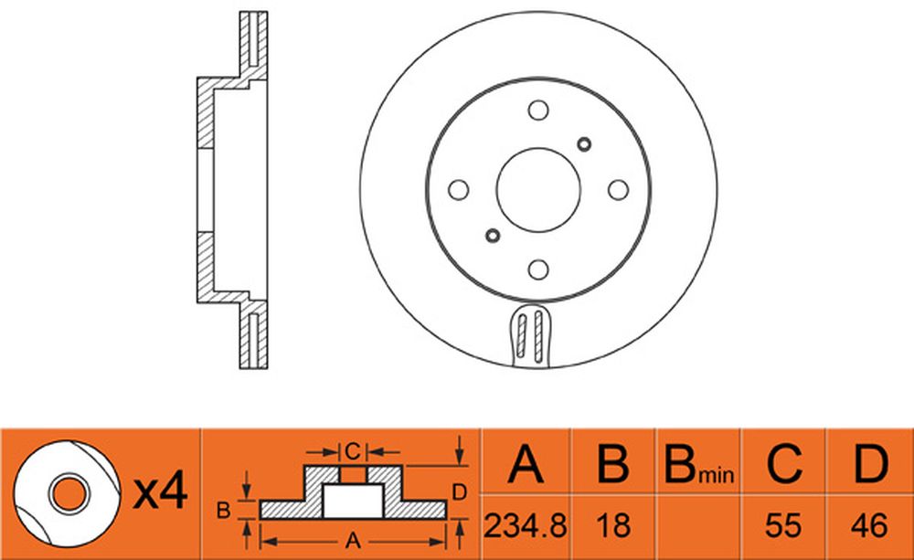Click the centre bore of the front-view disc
point(538,190)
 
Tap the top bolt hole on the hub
point(538,111)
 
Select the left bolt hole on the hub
point(458,190)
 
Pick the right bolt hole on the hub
point(618,190)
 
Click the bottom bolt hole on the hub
point(538,269)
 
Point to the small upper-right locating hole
point(583,144)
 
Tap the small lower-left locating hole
point(493,236)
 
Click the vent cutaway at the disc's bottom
point(530,336)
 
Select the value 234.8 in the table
point(526,526)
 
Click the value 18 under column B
point(613,526)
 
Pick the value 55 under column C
point(783,526)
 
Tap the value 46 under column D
point(869,526)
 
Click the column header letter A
point(526,464)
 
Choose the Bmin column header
point(698,466)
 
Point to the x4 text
point(160,491)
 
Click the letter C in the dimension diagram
point(353,451)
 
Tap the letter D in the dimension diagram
point(460,492)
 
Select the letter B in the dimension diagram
point(223,511)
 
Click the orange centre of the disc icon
point(69,493)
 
